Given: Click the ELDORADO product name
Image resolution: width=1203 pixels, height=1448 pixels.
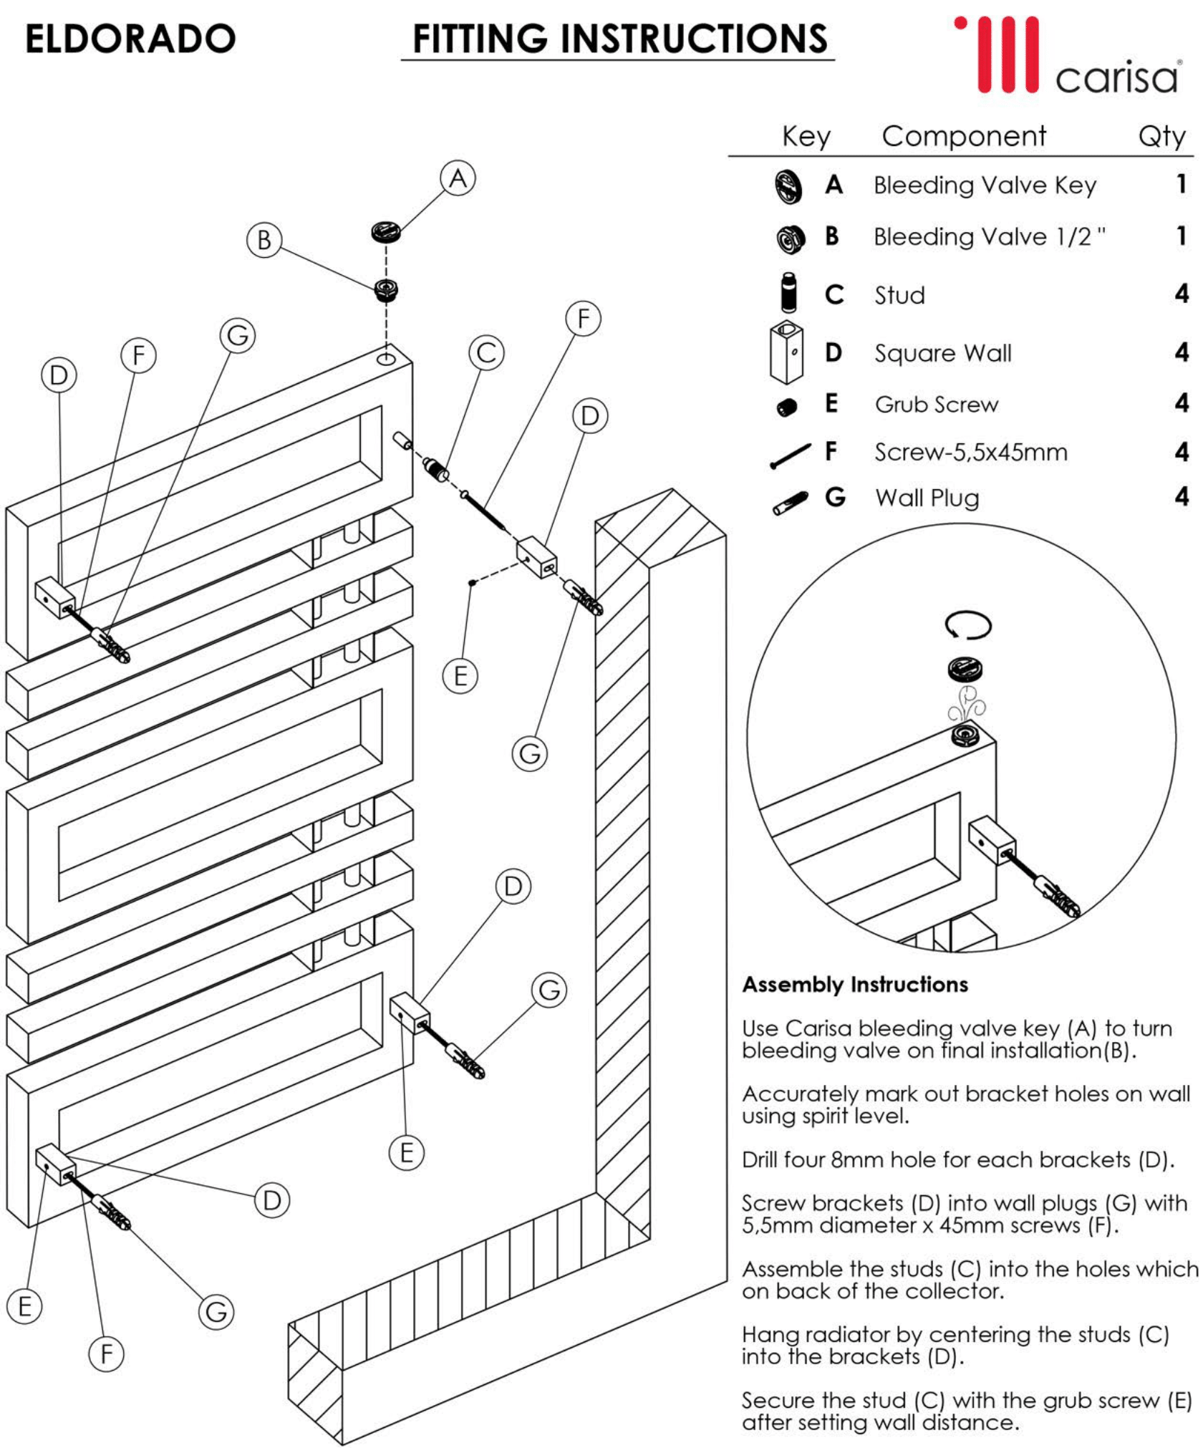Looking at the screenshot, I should (x=130, y=39).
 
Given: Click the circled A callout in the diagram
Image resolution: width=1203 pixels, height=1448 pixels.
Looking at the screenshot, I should (x=458, y=178).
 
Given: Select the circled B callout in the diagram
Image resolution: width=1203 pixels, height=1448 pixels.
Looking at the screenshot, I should (x=264, y=240).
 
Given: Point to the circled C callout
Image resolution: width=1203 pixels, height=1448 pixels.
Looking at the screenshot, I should (x=487, y=353).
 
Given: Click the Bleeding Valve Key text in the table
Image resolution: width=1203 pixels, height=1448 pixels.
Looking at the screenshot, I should (x=985, y=185).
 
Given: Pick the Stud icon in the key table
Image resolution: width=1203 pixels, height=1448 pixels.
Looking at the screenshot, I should (x=788, y=292).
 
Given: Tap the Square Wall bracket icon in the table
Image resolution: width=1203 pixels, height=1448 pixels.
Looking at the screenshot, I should (x=786, y=352).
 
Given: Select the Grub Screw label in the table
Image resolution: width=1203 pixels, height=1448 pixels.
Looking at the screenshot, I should (x=936, y=405).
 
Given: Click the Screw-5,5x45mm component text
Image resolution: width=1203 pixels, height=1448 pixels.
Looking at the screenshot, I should (x=970, y=453).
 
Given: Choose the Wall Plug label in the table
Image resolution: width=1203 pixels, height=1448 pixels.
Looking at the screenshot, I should (x=927, y=498).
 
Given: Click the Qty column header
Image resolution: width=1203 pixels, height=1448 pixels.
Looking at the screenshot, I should (x=1161, y=136).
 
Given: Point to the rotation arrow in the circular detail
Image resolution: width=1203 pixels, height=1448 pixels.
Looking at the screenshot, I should (x=968, y=624).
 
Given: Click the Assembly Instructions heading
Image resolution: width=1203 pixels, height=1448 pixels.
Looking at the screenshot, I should (x=855, y=985).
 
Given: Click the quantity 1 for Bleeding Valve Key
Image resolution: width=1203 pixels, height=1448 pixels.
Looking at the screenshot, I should (x=1181, y=185).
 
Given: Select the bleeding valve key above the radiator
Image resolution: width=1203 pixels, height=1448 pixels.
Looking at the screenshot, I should (x=385, y=231).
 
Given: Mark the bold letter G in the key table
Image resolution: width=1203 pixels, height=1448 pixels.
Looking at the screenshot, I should (x=835, y=497).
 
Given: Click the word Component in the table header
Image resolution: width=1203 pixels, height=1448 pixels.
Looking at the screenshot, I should (x=964, y=136).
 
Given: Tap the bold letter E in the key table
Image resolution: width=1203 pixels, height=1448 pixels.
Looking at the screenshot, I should (x=831, y=403).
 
